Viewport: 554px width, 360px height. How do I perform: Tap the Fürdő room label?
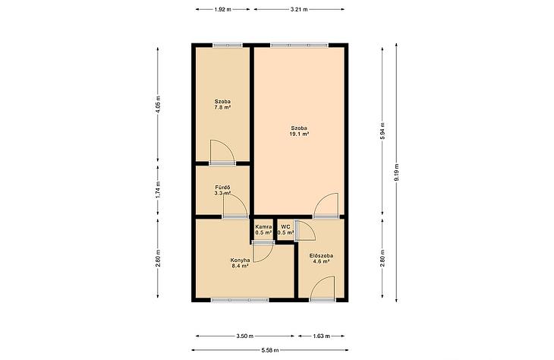click(x=222, y=187)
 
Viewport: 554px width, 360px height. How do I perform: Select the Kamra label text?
click(x=263, y=226)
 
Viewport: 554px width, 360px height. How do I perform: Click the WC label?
click(x=286, y=226)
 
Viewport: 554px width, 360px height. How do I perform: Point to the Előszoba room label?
click(x=321, y=256)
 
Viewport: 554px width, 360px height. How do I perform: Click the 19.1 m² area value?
click(x=299, y=134)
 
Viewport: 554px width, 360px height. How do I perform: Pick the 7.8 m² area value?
click(x=222, y=106)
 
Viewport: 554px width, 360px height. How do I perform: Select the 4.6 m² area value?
click(x=321, y=262)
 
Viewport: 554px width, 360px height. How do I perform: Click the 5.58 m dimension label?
click(x=270, y=350)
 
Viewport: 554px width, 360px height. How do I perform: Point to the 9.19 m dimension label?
click(x=396, y=172)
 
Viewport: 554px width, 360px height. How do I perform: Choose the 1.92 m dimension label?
click(x=222, y=10)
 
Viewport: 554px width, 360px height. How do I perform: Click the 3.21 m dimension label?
click(x=299, y=10)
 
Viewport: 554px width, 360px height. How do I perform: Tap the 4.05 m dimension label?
click(x=158, y=104)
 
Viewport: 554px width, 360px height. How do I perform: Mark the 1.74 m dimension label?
click(x=158, y=190)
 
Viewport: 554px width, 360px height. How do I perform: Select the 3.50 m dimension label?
click(x=245, y=336)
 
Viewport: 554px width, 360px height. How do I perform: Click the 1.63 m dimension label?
click(x=321, y=336)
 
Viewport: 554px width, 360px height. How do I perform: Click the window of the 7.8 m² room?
click(x=228, y=45)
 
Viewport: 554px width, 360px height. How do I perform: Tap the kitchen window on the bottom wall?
click(x=240, y=300)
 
